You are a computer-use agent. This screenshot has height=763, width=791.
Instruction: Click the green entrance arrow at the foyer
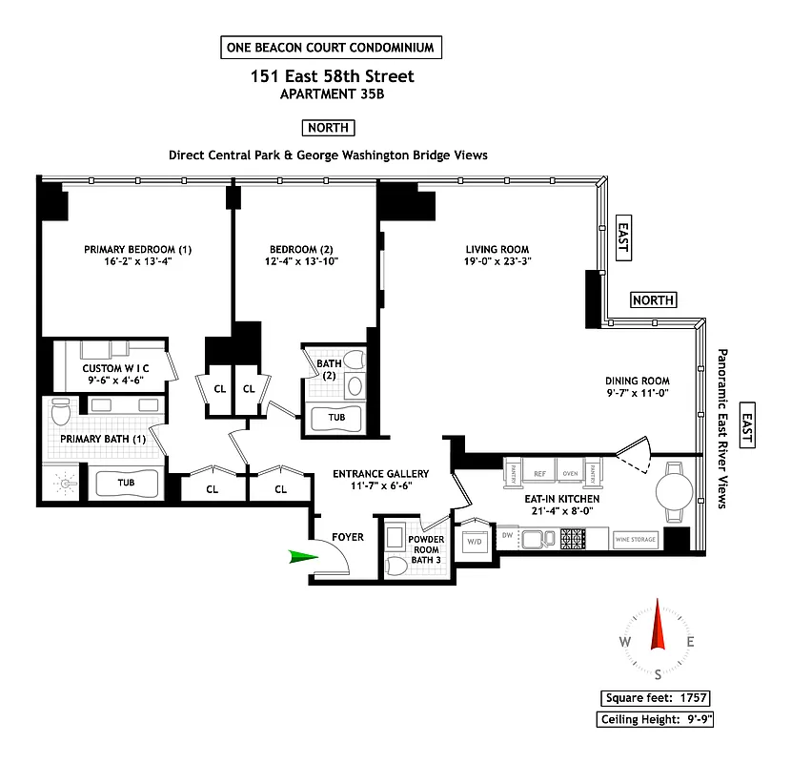tap(304, 556)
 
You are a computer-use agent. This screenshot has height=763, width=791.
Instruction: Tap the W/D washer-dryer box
tap(474, 542)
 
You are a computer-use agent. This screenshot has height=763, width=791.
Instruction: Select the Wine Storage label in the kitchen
tap(636, 540)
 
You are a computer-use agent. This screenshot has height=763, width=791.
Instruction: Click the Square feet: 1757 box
tap(655, 698)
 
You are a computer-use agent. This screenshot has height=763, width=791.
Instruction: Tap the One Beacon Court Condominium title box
tap(330, 47)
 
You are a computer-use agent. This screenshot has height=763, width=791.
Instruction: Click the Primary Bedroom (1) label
tap(138, 250)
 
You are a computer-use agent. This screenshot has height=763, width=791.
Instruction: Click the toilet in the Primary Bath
tap(62, 412)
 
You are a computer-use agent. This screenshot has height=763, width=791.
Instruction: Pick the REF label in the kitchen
tap(539, 471)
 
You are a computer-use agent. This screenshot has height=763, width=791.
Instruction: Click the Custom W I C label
tap(114, 368)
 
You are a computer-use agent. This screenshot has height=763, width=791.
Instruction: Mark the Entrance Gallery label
tap(380, 474)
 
